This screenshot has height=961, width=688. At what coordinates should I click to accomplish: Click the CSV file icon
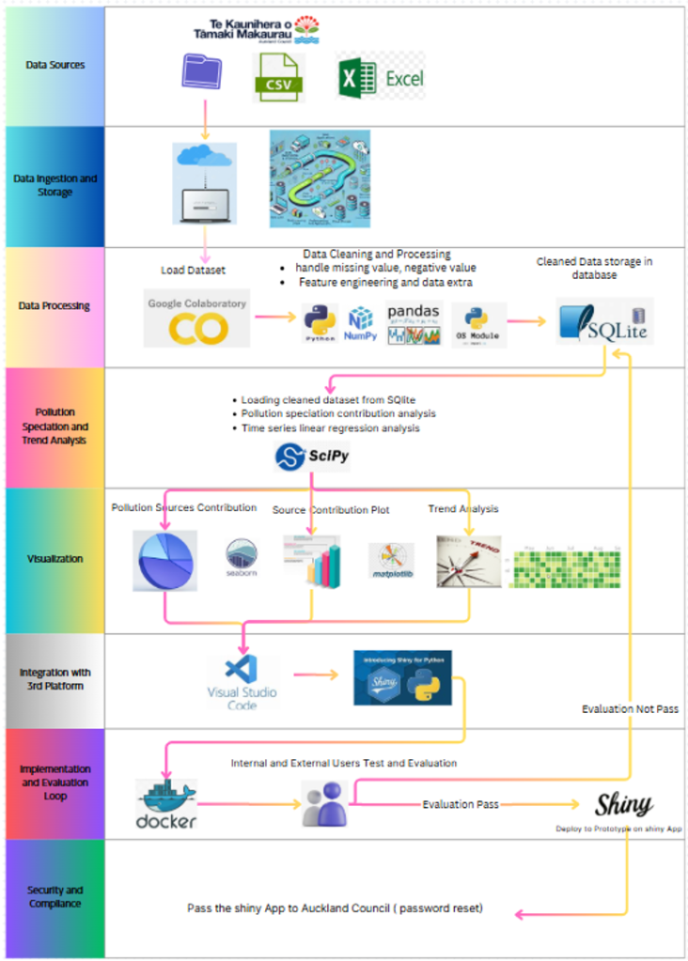(x=277, y=77)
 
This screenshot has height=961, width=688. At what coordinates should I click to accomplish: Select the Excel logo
(x=381, y=78)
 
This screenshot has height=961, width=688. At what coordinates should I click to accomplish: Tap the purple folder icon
(x=202, y=74)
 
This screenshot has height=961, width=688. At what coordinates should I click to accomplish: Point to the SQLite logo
(x=604, y=321)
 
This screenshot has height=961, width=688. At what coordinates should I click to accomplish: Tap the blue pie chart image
(x=164, y=560)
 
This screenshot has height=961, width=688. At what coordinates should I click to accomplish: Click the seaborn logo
(x=242, y=559)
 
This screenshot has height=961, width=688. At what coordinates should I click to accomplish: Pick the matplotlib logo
(x=391, y=561)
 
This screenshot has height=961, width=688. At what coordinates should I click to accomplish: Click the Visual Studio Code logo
(x=242, y=680)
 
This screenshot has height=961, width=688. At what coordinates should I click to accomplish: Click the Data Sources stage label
(x=55, y=65)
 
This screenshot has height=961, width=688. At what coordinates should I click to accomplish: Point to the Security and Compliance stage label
(x=55, y=897)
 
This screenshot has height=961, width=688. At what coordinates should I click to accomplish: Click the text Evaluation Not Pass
(x=630, y=709)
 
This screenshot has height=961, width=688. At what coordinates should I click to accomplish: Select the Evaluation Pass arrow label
(x=461, y=805)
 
